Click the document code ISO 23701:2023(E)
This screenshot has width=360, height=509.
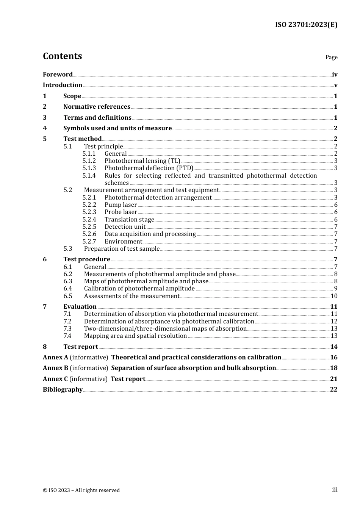pos(306,25)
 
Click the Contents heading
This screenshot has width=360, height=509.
pos(62,56)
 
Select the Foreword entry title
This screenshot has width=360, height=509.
pos(58,74)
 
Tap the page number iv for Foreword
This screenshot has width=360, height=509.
pos(335,74)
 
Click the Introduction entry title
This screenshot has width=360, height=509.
pos(63,85)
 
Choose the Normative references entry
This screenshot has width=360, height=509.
pos(97,106)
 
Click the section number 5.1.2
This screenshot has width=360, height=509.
pos(89,161)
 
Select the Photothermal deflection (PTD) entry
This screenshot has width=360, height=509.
pos(149,168)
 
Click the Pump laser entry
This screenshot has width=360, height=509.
pos(121,205)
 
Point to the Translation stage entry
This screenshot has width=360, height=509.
pos(129,219)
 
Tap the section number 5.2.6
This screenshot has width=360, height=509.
pos(89,234)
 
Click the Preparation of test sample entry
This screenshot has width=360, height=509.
pos(122,248)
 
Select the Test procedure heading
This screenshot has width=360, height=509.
pos(87,259)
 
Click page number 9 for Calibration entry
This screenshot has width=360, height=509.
pos(336,288)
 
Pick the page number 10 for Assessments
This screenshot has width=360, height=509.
pos(334,296)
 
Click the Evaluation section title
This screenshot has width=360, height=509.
pos(80,306)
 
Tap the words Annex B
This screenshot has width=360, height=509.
pos(55,368)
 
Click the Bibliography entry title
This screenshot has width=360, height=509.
pos(63,389)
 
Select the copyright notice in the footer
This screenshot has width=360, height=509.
pos(81,490)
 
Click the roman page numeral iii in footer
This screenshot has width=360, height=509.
pos(335,489)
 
